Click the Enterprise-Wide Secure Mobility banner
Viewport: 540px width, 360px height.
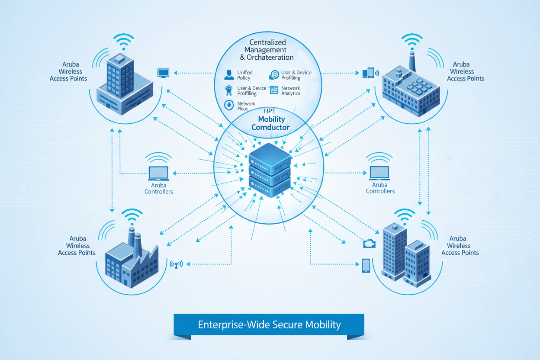point(269,325)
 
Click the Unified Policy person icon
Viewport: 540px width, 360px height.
point(229,75)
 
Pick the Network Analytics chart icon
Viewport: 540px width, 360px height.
point(273,90)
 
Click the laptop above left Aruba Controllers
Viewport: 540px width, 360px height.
point(158,173)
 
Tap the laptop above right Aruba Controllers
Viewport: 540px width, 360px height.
point(379,173)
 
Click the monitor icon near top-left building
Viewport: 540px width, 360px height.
point(163,73)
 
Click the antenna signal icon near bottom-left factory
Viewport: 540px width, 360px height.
point(177,264)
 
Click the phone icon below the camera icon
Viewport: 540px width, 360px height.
point(366,265)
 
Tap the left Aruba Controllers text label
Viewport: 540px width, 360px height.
point(159,188)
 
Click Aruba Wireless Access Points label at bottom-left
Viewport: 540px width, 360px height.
point(77,246)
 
